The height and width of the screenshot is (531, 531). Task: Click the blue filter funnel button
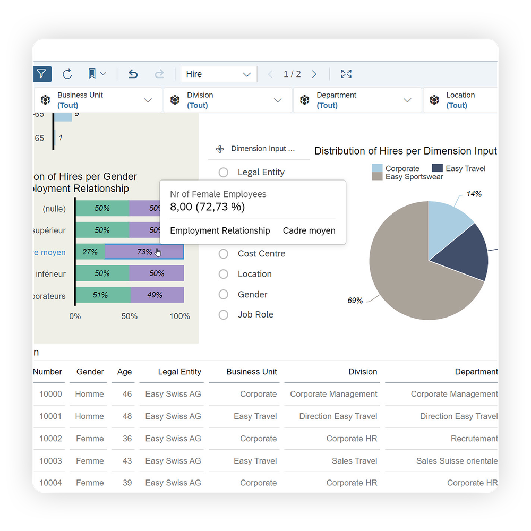coord(41,74)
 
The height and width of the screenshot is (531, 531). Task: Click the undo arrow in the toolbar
coord(133,74)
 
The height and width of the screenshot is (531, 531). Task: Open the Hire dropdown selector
coord(219,74)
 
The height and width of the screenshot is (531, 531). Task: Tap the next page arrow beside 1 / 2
coord(314,74)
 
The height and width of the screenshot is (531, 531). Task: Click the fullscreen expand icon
coord(346,74)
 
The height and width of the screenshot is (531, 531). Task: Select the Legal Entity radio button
coord(224,173)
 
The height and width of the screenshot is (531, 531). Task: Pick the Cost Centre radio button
coord(224,254)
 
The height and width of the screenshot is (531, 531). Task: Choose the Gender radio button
coord(224,295)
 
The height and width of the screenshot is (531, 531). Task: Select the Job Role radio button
coord(224,315)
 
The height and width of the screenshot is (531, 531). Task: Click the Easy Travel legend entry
coord(459,168)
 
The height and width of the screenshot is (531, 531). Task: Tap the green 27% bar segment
coord(90,252)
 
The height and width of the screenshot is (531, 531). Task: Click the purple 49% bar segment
coord(157,295)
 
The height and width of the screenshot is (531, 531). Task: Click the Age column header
coord(124,372)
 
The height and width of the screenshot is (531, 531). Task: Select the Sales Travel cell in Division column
coord(354,461)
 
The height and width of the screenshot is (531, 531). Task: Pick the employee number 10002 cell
coord(50,439)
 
